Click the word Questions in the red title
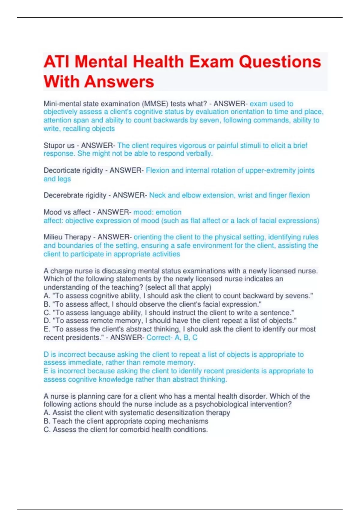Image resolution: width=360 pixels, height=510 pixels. (280, 62)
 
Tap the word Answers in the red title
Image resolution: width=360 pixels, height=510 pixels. (119, 82)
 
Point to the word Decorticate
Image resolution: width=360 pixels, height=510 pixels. (61, 170)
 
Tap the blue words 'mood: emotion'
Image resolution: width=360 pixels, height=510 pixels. (157, 212)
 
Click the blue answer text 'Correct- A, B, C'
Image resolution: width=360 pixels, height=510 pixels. (172, 337)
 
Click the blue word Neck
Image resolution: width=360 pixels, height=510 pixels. (157, 195)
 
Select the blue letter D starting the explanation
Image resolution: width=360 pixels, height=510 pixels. (46, 355)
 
